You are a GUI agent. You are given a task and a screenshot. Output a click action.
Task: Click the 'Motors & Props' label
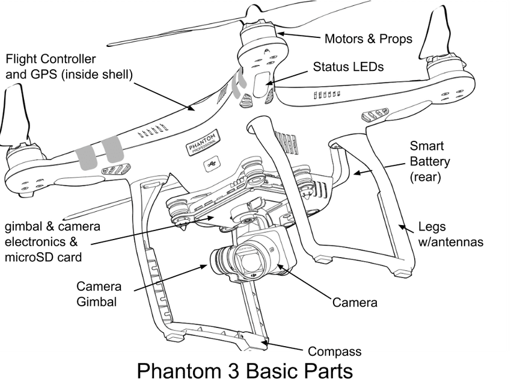coord(368,39)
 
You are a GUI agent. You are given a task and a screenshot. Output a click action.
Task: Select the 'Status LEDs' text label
coord(348,67)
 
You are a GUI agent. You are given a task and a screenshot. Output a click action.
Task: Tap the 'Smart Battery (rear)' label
coord(429,162)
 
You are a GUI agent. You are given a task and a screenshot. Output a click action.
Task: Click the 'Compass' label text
coord(334,351)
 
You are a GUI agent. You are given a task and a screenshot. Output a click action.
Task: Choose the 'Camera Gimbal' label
coord(99,294)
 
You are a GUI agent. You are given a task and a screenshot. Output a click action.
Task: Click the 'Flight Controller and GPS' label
coord(69,66)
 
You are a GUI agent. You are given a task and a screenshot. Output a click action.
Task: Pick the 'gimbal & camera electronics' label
coord(52,241)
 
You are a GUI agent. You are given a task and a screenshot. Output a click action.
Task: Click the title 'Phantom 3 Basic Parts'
coord(244,369)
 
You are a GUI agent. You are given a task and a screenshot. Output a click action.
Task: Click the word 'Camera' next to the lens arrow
coord(355,302)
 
